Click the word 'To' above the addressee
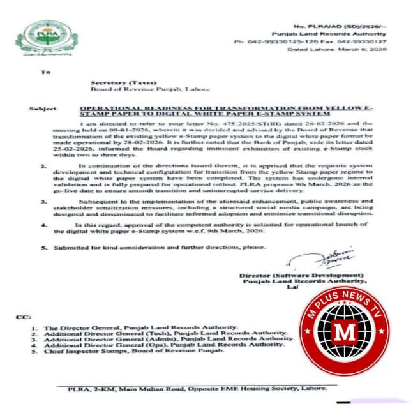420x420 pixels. (x=45, y=72)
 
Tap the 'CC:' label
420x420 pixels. (x=22, y=317)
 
